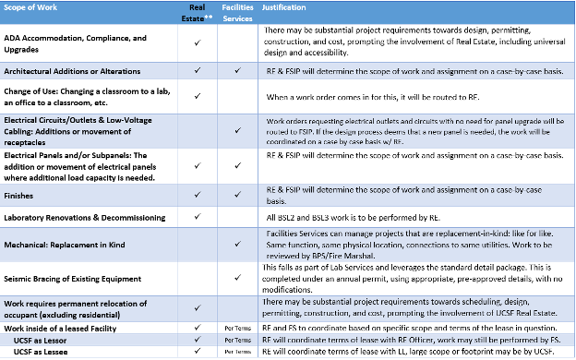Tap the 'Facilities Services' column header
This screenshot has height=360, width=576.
(x=237, y=12)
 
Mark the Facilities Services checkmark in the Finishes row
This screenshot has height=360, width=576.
(x=237, y=195)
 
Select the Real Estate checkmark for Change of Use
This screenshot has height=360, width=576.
(x=198, y=96)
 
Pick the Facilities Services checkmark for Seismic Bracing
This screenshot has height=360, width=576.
(x=237, y=274)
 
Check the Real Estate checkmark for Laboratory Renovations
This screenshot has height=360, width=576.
(x=198, y=217)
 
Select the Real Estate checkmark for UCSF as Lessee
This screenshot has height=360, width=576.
(x=198, y=352)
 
